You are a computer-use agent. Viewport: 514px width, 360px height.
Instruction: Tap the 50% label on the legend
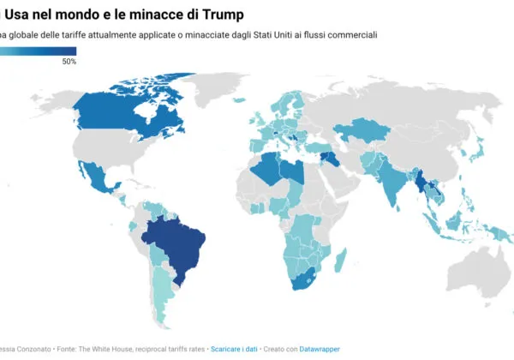pyautogui.click(x=69, y=62)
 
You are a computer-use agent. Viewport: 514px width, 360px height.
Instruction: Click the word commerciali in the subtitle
pyautogui.click(x=350, y=34)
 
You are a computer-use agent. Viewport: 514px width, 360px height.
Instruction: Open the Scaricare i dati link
pyautogui.click(x=238, y=349)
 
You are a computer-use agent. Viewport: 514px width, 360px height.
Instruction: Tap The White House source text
pyautogui.click(x=106, y=349)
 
